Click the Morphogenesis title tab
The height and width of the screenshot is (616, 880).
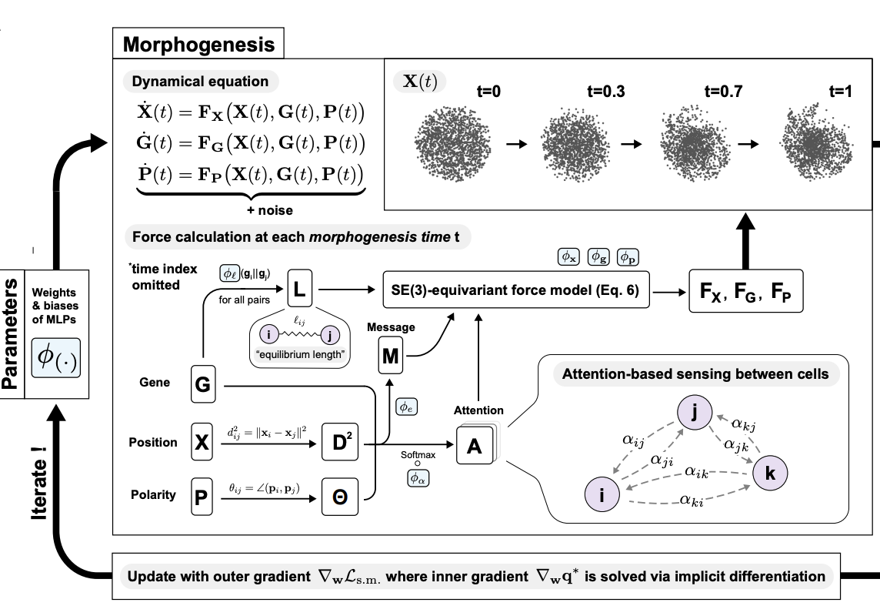(x=198, y=45)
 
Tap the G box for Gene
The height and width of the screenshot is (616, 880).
(x=203, y=384)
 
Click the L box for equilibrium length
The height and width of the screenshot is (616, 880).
(x=299, y=291)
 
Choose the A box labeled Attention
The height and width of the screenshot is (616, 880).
(x=475, y=446)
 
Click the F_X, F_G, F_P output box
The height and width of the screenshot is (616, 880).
(x=745, y=291)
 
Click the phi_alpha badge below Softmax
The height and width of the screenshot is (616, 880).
(x=419, y=478)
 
